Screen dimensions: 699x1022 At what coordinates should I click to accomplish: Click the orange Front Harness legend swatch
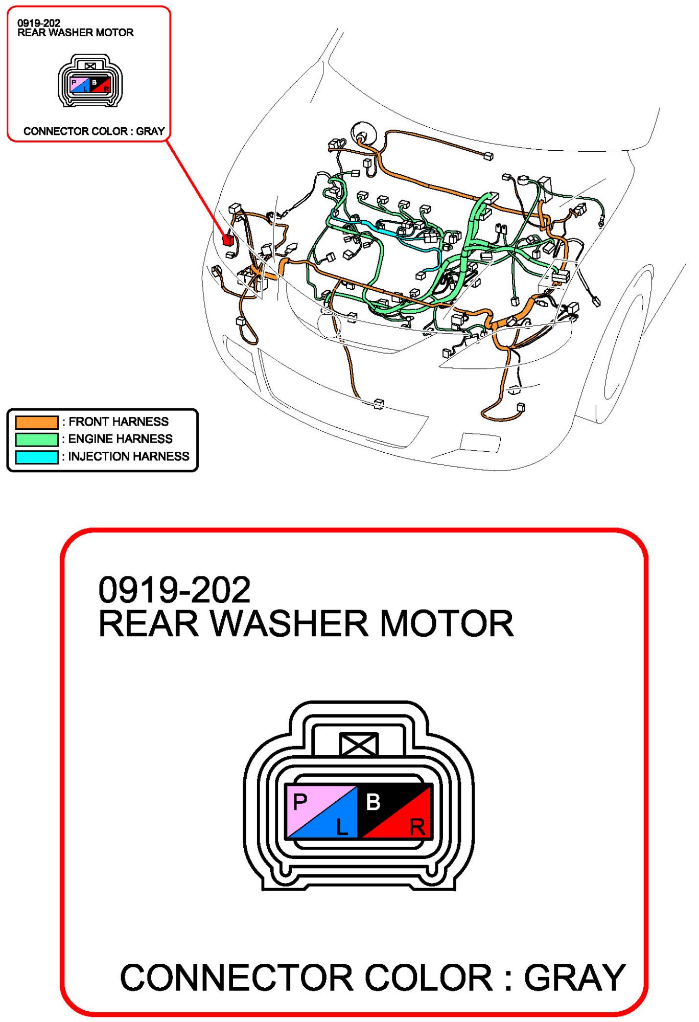click(x=36, y=423)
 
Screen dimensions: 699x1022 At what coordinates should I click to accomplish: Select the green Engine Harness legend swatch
click(x=36, y=439)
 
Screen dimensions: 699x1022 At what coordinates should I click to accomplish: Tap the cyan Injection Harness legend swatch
click(x=36, y=457)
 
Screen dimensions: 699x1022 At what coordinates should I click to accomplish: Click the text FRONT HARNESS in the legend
click(x=118, y=422)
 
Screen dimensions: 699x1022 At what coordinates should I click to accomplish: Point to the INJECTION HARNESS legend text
click(x=128, y=456)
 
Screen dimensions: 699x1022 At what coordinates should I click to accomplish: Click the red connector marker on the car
click(x=228, y=239)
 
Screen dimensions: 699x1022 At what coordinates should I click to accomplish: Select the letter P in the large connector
click(x=300, y=802)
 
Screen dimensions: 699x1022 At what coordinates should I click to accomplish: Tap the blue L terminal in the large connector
click(x=341, y=826)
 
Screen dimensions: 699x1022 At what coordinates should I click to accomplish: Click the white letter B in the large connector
click(x=374, y=802)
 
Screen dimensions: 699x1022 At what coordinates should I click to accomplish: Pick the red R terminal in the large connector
click(x=417, y=826)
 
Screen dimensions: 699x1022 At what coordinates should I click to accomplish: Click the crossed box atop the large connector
click(x=359, y=744)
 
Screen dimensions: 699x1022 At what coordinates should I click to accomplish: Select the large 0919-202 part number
click(x=174, y=590)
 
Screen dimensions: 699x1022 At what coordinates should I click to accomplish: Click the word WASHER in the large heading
click(x=289, y=624)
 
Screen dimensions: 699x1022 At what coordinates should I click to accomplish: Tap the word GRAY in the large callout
click(x=574, y=978)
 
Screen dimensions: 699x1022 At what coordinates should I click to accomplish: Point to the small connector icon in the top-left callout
click(x=90, y=81)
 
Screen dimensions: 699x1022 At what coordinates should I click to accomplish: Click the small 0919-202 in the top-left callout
click(x=39, y=23)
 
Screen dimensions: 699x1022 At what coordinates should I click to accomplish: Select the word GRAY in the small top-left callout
click(x=150, y=131)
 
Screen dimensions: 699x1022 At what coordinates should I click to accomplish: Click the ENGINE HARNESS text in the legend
click(x=120, y=439)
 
